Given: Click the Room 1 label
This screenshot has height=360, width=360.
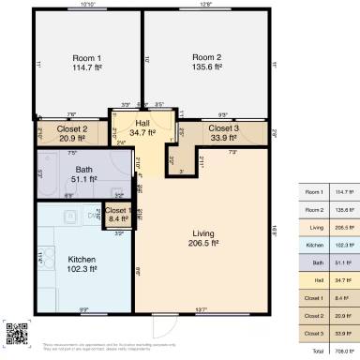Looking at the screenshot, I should [x=86, y=58].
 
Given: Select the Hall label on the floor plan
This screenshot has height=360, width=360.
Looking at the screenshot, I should [x=142, y=123].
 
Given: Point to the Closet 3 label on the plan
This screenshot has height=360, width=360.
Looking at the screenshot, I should [x=223, y=127].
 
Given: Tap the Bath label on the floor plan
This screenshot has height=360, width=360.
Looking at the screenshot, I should [x=83, y=169].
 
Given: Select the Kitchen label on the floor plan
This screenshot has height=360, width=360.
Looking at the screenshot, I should [x=82, y=259].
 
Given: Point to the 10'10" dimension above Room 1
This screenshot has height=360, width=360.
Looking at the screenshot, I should [x=89, y=5].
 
